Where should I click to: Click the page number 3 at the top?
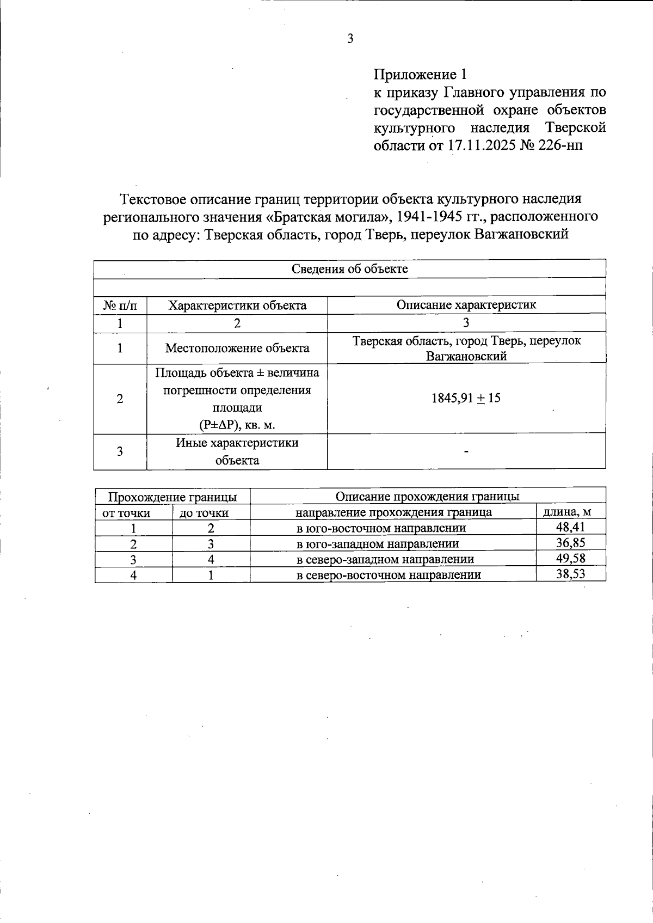[350, 39]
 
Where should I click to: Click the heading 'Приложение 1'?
[420, 74]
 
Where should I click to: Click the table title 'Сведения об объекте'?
[349, 268]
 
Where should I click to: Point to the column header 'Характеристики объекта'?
[237, 305]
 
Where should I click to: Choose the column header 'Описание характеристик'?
[466, 305]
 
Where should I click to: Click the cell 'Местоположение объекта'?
[237, 348]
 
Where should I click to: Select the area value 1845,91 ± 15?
[466, 398]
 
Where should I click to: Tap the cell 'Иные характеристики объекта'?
[237, 451]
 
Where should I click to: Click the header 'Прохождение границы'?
[173, 497]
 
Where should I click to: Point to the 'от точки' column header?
[126, 513]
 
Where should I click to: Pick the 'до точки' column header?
[204, 513]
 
